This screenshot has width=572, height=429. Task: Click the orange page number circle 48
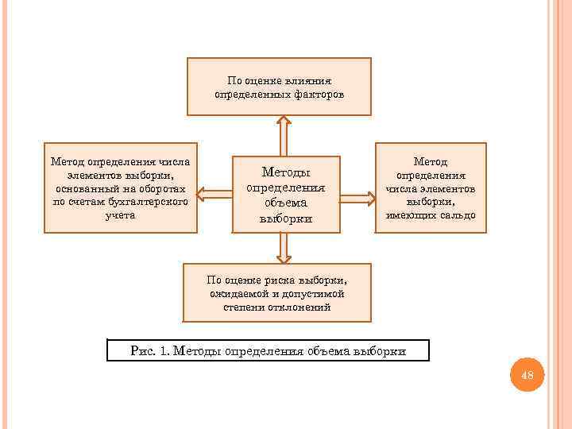[525, 375]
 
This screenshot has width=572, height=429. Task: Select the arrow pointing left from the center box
[214, 193]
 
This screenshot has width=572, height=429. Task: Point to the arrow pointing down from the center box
[284, 248]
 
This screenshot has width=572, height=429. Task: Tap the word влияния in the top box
[311, 80]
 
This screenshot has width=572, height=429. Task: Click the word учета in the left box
[120, 214]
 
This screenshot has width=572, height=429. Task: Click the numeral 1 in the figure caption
[163, 350]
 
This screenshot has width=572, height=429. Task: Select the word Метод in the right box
[431, 161]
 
